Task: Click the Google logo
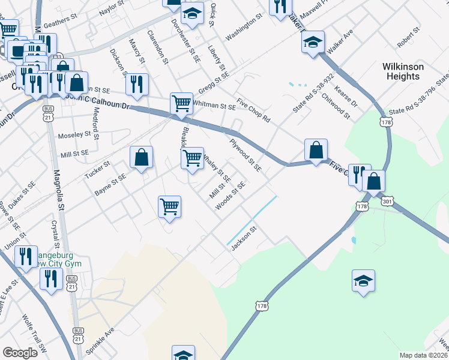[x=20, y=353]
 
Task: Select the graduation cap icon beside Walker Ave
[x=313, y=43]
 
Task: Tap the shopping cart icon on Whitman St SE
[x=181, y=103]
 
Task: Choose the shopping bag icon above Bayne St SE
[x=141, y=158]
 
